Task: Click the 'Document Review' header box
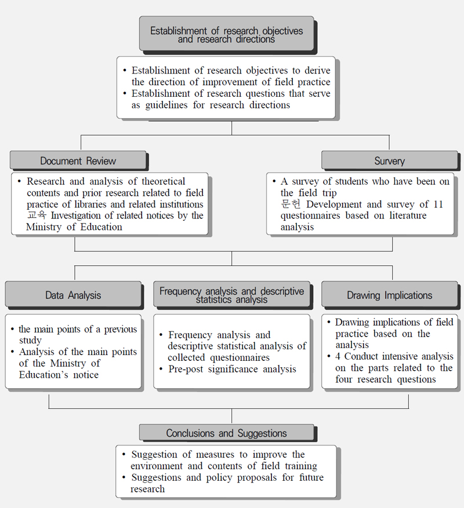pyautogui.click(x=78, y=160)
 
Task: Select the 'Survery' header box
pyautogui.click(x=389, y=160)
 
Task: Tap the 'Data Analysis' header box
pyautogui.click(x=73, y=294)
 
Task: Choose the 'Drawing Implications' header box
pyautogui.click(x=389, y=294)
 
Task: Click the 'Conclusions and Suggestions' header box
pyautogui.click(x=226, y=433)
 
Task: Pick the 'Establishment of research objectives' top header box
pyautogui.click(x=226, y=34)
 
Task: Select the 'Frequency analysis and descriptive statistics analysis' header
pyautogui.click(x=231, y=294)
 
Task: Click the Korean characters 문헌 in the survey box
pyautogui.click(x=291, y=204)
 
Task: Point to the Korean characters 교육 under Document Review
pyautogui.click(x=37, y=215)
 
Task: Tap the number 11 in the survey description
pyautogui.click(x=438, y=204)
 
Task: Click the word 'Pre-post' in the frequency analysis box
pyautogui.click(x=186, y=369)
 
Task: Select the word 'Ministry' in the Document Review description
pyautogui.click(x=44, y=227)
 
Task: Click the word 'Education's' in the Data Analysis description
pyautogui.click(x=43, y=375)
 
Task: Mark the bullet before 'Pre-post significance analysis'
pyautogui.click(x=161, y=369)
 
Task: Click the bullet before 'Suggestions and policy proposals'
pyautogui.click(x=124, y=477)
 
